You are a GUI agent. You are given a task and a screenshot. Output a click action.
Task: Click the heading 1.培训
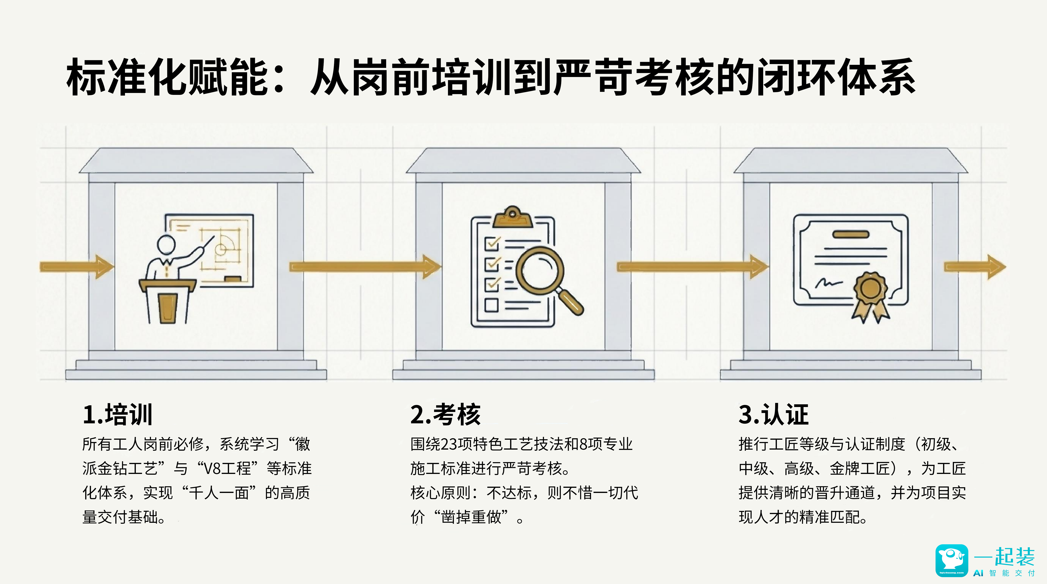117,415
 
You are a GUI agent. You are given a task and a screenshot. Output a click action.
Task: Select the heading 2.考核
446,415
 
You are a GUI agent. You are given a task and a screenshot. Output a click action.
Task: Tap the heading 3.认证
773,415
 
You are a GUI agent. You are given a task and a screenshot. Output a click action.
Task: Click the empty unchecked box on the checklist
491,305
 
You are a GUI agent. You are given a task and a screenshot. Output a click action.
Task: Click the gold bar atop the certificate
851,234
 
